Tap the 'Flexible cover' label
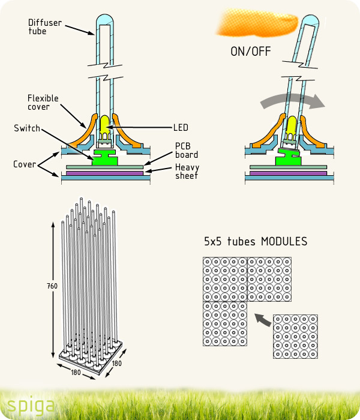tap(43, 102)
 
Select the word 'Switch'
tap(27, 128)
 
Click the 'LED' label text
tap(181, 127)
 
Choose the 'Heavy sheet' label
tap(187, 171)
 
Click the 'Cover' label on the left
tap(25, 164)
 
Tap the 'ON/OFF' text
tap(251, 51)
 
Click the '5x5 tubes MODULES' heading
tap(256, 242)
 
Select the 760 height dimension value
tap(52, 286)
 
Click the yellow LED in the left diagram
tap(104, 125)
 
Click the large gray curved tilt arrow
tap(293, 100)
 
